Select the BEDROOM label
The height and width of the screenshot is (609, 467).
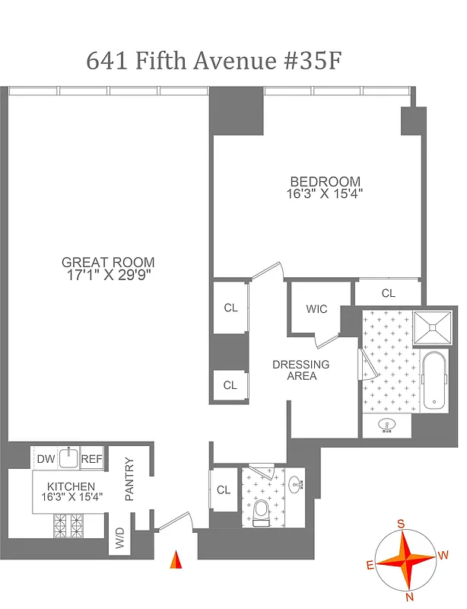coord(325,181)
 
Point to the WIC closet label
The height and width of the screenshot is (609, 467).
coord(316,309)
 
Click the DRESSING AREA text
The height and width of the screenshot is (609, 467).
coord(300,370)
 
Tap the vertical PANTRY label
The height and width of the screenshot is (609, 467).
coord(129,479)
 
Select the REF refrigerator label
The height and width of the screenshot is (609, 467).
coord(91,458)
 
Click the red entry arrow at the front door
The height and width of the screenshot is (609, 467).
coord(176,560)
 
